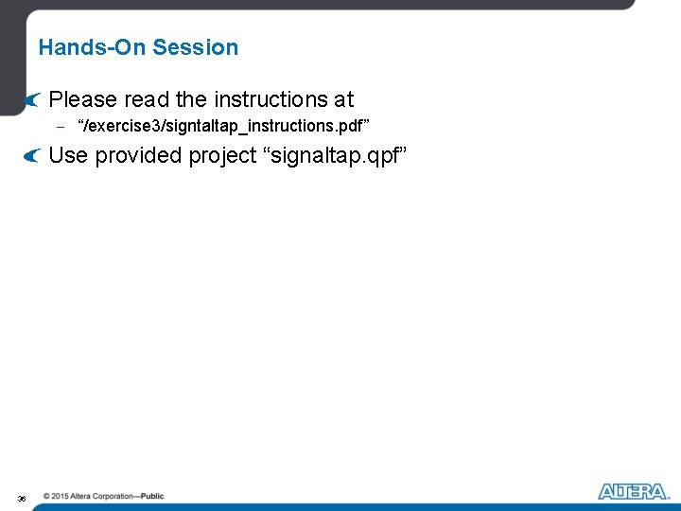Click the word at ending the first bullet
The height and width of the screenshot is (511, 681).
pos(343,99)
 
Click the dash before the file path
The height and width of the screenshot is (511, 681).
pos(59,126)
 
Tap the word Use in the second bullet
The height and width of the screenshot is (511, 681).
pos(67,155)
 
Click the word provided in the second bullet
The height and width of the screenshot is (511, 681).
pos(138,155)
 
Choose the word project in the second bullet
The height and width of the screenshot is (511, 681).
pos(224,155)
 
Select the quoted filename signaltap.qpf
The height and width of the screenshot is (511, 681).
pos(337,155)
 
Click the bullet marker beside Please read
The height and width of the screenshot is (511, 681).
pos(33,99)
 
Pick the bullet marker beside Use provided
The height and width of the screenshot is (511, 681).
pos(33,155)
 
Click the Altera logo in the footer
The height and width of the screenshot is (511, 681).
pos(633,492)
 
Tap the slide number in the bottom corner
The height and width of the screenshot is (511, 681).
pos(22,498)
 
